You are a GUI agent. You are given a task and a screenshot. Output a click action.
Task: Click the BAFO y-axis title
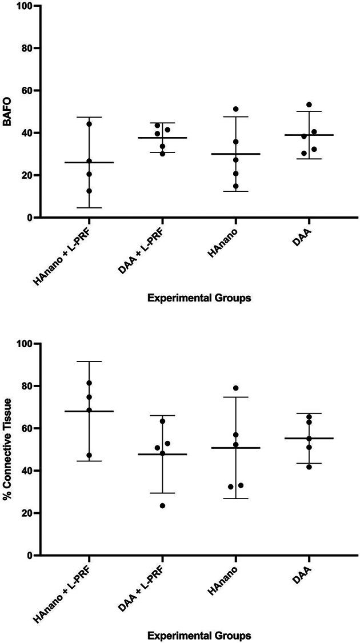point(8,111)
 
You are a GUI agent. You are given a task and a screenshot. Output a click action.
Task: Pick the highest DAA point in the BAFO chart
point(309,105)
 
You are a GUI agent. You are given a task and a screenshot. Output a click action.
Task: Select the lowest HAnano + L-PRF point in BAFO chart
point(89,191)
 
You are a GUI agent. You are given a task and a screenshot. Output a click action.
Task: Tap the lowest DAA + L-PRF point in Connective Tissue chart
point(162,505)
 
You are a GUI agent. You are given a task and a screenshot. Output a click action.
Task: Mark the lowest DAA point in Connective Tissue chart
point(309,467)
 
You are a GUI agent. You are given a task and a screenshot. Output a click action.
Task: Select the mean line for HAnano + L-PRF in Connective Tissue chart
point(89,411)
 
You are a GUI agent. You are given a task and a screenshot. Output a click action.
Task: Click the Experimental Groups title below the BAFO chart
point(198,298)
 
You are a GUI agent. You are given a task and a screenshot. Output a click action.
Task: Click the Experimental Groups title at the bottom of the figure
point(198,636)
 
